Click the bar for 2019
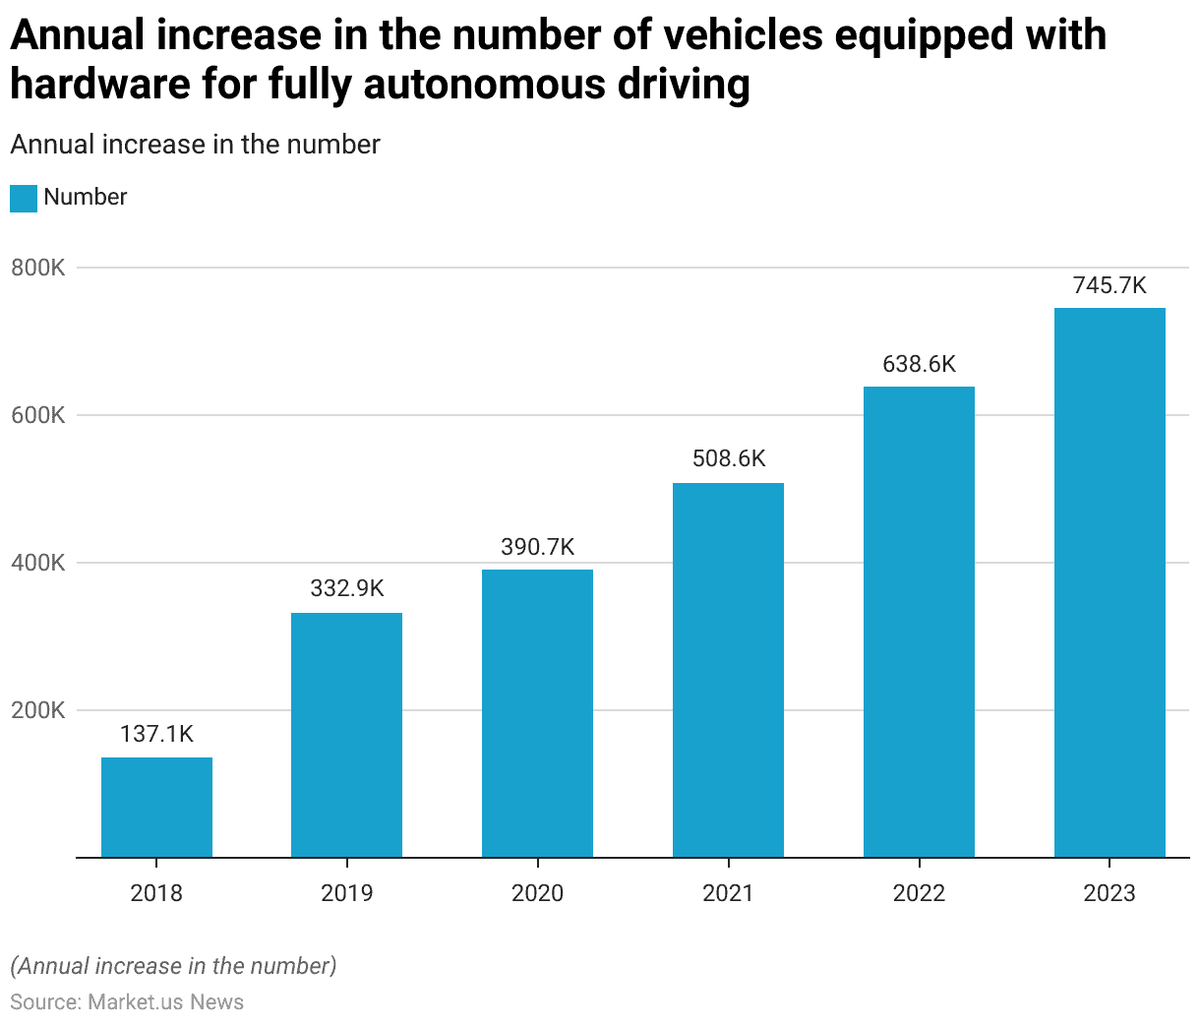tap(346, 735)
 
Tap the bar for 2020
tap(537, 713)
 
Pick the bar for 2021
tap(728, 670)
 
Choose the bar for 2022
tap(919, 622)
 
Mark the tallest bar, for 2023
tap(1110, 582)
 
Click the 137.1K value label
tap(156, 734)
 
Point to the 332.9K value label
tap(346, 588)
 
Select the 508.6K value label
tap(728, 458)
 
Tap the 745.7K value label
tap(1110, 285)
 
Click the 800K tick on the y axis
tap(38, 268)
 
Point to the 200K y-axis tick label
tap(38, 710)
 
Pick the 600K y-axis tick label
tap(38, 415)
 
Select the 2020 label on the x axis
tap(537, 893)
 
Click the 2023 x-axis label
tap(1110, 893)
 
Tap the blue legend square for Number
tap(24, 198)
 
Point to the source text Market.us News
tap(165, 1001)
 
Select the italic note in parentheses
tap(173, 966)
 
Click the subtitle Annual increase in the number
tap(195, 145)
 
